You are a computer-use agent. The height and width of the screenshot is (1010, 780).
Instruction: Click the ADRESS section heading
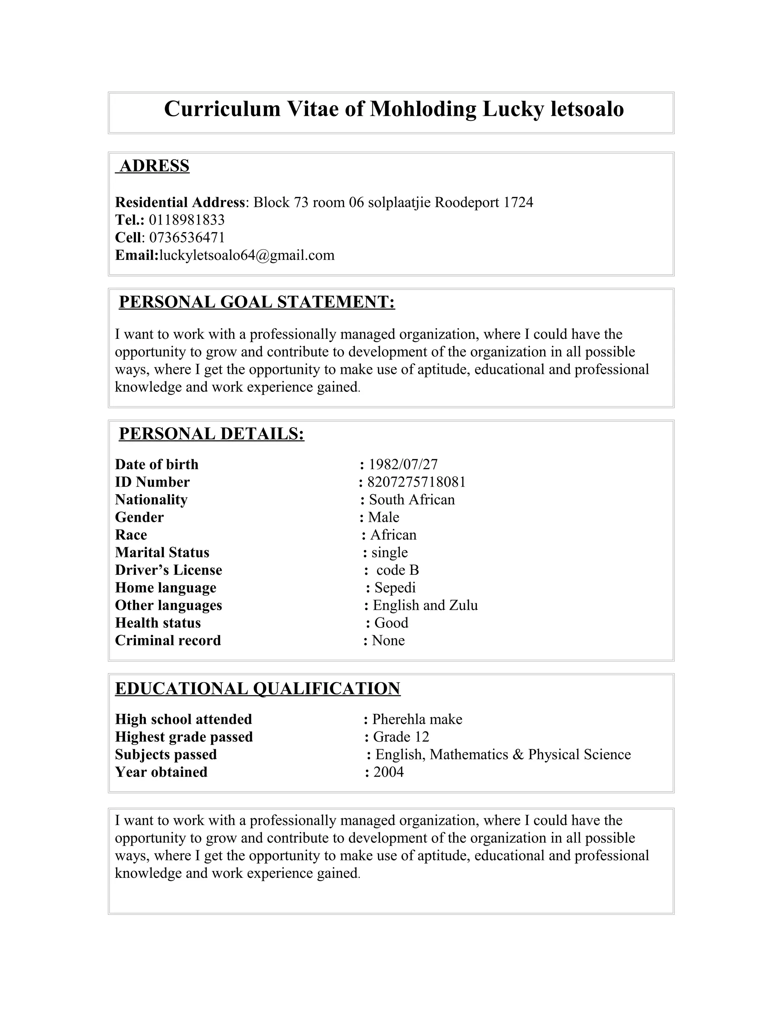click(x=154, y=165)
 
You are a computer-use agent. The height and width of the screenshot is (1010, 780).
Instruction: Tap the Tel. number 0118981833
click(x=187, y=220)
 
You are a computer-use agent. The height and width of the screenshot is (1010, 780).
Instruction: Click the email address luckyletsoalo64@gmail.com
click(x=246, y=255)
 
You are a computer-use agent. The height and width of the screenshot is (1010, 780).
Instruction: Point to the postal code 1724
click(x=518, y=202)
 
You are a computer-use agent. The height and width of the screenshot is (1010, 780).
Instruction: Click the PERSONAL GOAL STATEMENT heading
click(x=257, y=302)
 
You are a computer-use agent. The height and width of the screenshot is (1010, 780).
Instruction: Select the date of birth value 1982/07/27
click(x=403, y=464)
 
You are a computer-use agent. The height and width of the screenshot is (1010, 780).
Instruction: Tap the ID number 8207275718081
click(x=416, y=482)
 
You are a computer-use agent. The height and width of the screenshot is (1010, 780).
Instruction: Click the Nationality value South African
click(x=412, y=499)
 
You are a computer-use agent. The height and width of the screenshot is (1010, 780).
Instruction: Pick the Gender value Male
click(x=384, y=517)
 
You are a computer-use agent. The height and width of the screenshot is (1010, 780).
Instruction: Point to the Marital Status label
click(x=162, y=552)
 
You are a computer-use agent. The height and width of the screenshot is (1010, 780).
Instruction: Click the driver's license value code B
click(x=397, y=570)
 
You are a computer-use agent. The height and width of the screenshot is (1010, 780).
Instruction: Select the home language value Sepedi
click(x=395, y=587)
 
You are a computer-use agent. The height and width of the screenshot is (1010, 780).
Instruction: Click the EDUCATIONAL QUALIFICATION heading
click(x=257, y=688)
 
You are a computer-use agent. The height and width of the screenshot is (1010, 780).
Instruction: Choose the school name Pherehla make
click(x=417, y=719)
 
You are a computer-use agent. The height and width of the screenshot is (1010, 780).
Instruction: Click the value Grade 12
click(x=401, y=737)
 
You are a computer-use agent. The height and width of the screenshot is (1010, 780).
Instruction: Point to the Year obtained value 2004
click(x=388, y=772)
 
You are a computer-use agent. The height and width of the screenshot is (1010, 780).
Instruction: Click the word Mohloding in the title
click(x=423, y=109)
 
